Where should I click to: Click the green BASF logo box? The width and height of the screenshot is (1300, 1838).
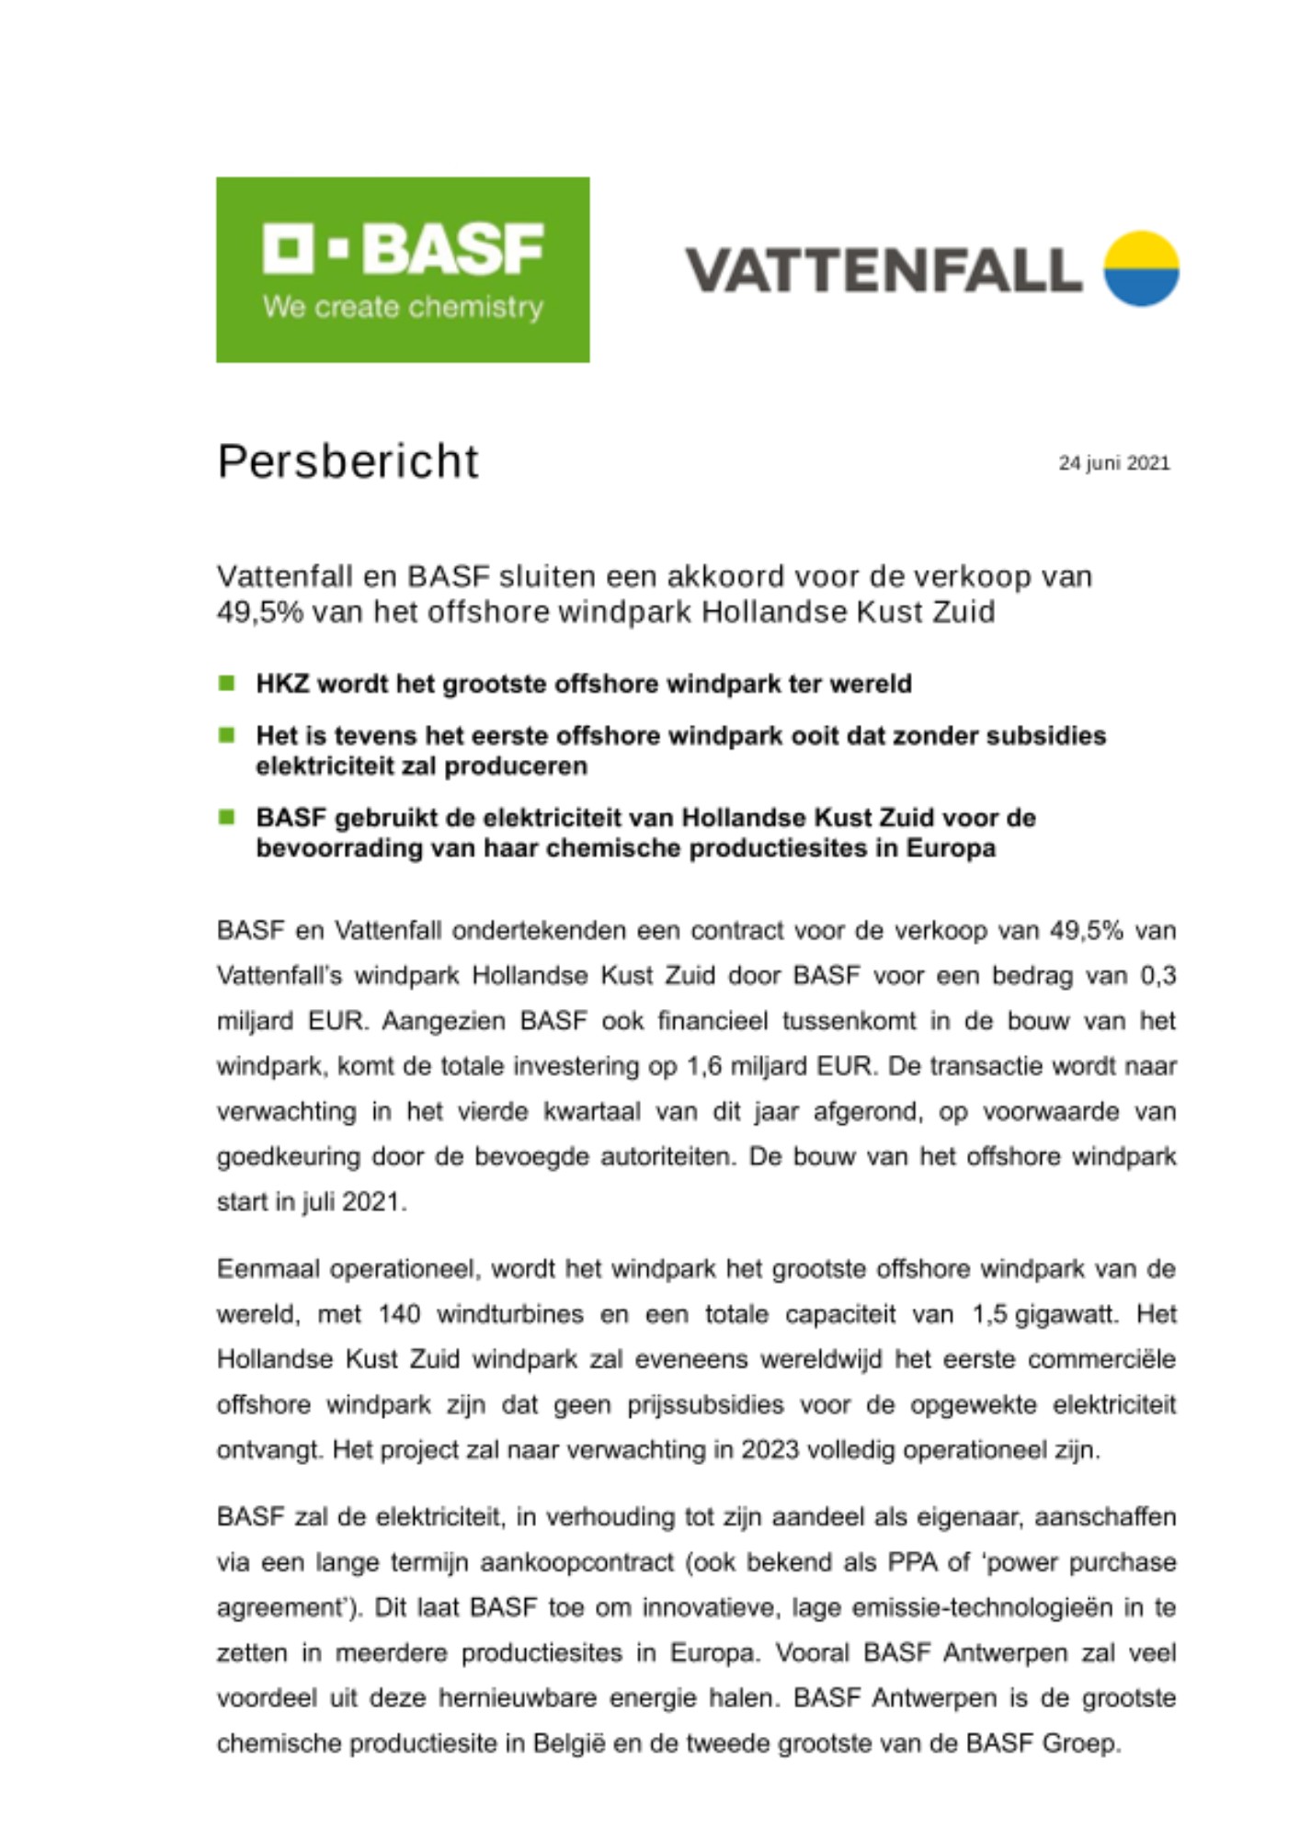coord(403,269)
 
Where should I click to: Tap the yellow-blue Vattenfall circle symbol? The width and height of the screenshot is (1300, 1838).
coord(1141,268)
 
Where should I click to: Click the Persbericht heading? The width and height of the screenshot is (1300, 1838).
coord(348,461)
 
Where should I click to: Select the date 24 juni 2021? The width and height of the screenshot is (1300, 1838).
coord(1113,463)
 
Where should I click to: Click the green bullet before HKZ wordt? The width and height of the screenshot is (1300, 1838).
coord(226,683)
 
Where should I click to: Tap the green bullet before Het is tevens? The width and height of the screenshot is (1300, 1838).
coord(226,735)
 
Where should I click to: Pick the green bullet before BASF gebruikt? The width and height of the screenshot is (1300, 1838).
coord(226,817)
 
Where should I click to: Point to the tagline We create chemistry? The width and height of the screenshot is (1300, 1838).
coord(403,307)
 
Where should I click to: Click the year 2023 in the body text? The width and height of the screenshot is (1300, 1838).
coord(771,1450)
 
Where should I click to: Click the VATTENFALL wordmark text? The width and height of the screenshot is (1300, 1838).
coord(884,269)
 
